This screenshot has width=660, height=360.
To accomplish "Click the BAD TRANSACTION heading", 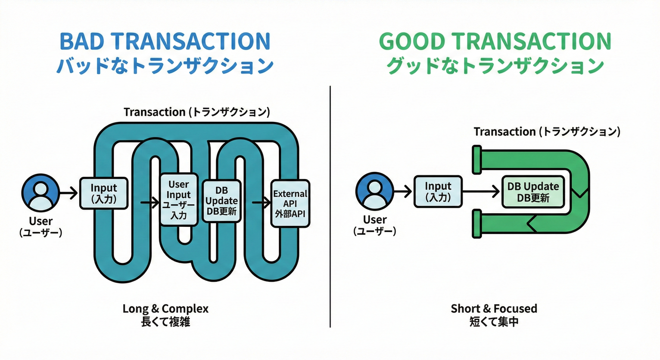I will (165, 41).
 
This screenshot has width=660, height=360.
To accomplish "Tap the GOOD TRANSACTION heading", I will (495, 41).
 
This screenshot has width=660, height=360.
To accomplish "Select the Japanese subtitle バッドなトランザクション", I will (165, 66).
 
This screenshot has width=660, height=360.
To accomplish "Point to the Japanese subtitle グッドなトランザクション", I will (495, 66).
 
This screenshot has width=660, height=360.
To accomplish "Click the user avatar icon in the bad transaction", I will (41, 193).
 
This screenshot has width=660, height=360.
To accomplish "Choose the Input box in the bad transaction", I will (104, 193).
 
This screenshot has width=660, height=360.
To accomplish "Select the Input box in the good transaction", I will (438, 191).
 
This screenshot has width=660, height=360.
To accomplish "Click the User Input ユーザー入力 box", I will (179, 200).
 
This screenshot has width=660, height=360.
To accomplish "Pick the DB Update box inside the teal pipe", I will (222, 201).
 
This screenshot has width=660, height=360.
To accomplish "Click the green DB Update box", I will (533, 192).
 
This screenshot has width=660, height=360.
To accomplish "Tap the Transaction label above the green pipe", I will (547, 132).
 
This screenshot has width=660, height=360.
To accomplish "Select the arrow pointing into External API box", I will (262, 202).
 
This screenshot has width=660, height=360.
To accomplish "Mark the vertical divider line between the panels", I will (330, 206).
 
